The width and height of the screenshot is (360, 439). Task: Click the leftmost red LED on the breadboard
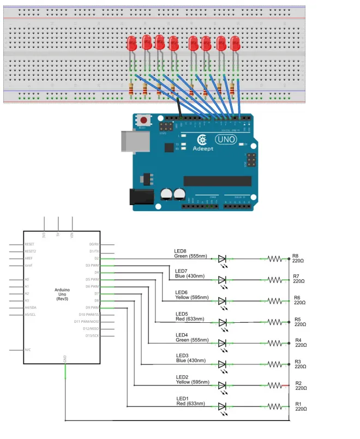pyautogui.click(x=132, y=44)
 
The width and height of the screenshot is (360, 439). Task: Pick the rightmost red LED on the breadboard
pyautogui.click(x=236, y=44)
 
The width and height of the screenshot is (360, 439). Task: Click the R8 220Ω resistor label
pyautogui.click(x=298, y=258)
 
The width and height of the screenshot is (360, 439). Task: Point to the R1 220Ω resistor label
pyautogui.click(x=298, y=406)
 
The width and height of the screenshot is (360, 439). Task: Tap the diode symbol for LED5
pyautogui.click(x=222, y=322)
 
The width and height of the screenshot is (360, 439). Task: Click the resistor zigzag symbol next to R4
pyautogui.click(x=275, y=343)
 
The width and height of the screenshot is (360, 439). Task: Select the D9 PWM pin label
pyautogui.click(x=92, y=308)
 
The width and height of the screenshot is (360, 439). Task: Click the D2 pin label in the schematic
pyautogui.click(x=96, y=258)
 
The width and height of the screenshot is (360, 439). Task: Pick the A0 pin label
pyautogui.click(x=27, y=279)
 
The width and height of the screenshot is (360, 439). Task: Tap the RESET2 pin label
pyautogui.click(x=30, y=251)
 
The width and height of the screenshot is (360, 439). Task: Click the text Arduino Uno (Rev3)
pyautogui.click(x=61, y=294)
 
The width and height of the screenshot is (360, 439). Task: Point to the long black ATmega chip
pyautogui.click(x=217, y=181)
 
